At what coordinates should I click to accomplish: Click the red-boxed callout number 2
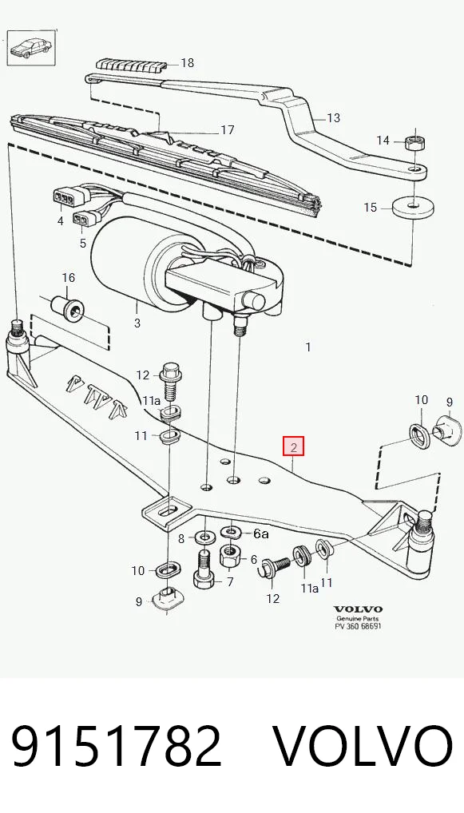click(293, 447)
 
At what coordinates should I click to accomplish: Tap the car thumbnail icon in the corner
click(31, 48)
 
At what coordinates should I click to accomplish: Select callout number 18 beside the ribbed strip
click(187, 63)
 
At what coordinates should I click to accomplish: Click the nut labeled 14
click(415, 141)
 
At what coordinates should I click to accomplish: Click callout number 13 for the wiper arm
click(333, 118)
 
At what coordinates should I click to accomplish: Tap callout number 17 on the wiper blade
click(228, 129)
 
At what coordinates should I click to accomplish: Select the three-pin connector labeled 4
click(62, 198)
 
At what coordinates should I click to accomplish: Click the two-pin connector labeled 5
click(81, 218)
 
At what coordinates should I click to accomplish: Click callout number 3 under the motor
click(137, 323)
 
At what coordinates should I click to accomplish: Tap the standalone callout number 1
click(308, 347)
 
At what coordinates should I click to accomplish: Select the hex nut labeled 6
click(228, 557)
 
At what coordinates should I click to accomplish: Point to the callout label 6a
click(261, 533)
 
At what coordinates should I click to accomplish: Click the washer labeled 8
click(204, 535)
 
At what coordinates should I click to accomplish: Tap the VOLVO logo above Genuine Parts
click(358, 609)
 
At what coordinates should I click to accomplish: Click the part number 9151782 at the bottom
click(117, 747)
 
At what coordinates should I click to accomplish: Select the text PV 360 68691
click(358, 626)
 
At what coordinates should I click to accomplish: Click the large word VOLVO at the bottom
click(363, 747)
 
